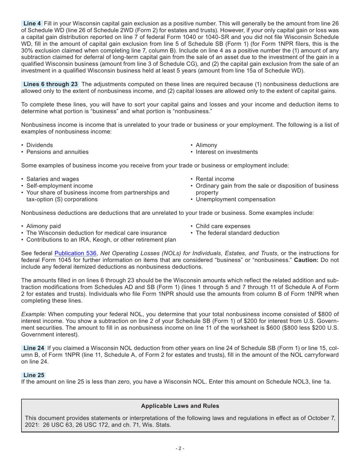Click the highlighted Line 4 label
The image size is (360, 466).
32,23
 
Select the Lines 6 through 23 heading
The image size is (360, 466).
50,84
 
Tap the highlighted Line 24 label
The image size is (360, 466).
34,348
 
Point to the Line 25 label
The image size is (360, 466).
34,375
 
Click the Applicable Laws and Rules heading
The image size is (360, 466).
180,406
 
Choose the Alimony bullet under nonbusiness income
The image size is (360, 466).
206,145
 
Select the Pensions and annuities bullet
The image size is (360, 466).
57,152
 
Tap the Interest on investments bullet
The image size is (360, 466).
227,152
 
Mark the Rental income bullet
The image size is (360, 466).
215,179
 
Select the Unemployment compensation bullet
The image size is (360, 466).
235,199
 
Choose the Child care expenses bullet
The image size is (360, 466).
223,226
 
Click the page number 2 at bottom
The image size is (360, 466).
180,449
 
